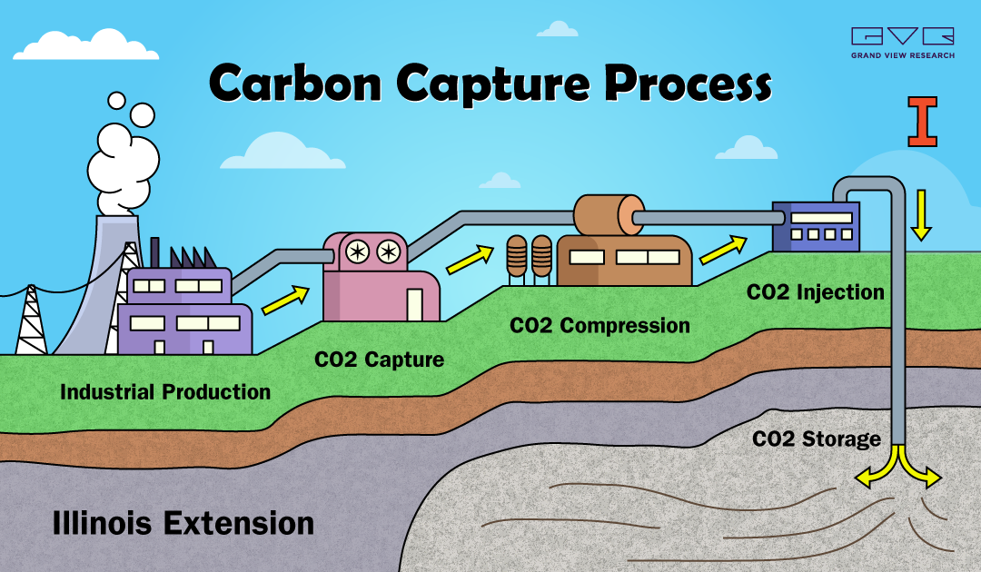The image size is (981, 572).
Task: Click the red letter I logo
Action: (x=922, y=122)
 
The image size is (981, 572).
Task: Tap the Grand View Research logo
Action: (x=903, y=43)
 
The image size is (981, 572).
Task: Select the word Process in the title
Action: (x=689, y=84)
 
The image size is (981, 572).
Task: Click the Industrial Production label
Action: (x=165, y=392)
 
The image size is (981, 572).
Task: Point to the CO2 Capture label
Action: (x=379, y=360)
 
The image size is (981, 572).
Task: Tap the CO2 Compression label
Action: (x=600, y=326)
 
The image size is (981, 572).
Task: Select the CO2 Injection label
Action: (x=815, y=292)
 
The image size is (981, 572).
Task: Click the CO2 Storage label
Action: (x=817, y=439)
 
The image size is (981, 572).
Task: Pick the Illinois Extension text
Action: (x=183, y=523)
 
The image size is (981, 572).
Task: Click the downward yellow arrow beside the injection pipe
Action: (x=921, y=216)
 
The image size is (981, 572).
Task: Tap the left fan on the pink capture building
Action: (x=357, y=252)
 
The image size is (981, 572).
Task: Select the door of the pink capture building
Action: (x=414, y=304)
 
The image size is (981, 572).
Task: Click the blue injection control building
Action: (x=816, y=226)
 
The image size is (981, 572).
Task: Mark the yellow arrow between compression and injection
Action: (x=723, y=250)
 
